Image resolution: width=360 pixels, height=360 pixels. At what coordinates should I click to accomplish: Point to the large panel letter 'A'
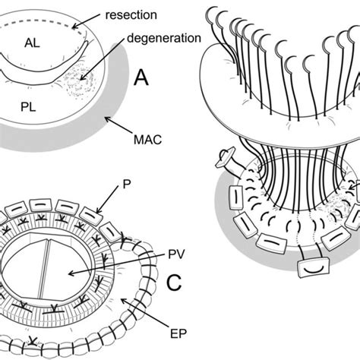pos(142,77)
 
